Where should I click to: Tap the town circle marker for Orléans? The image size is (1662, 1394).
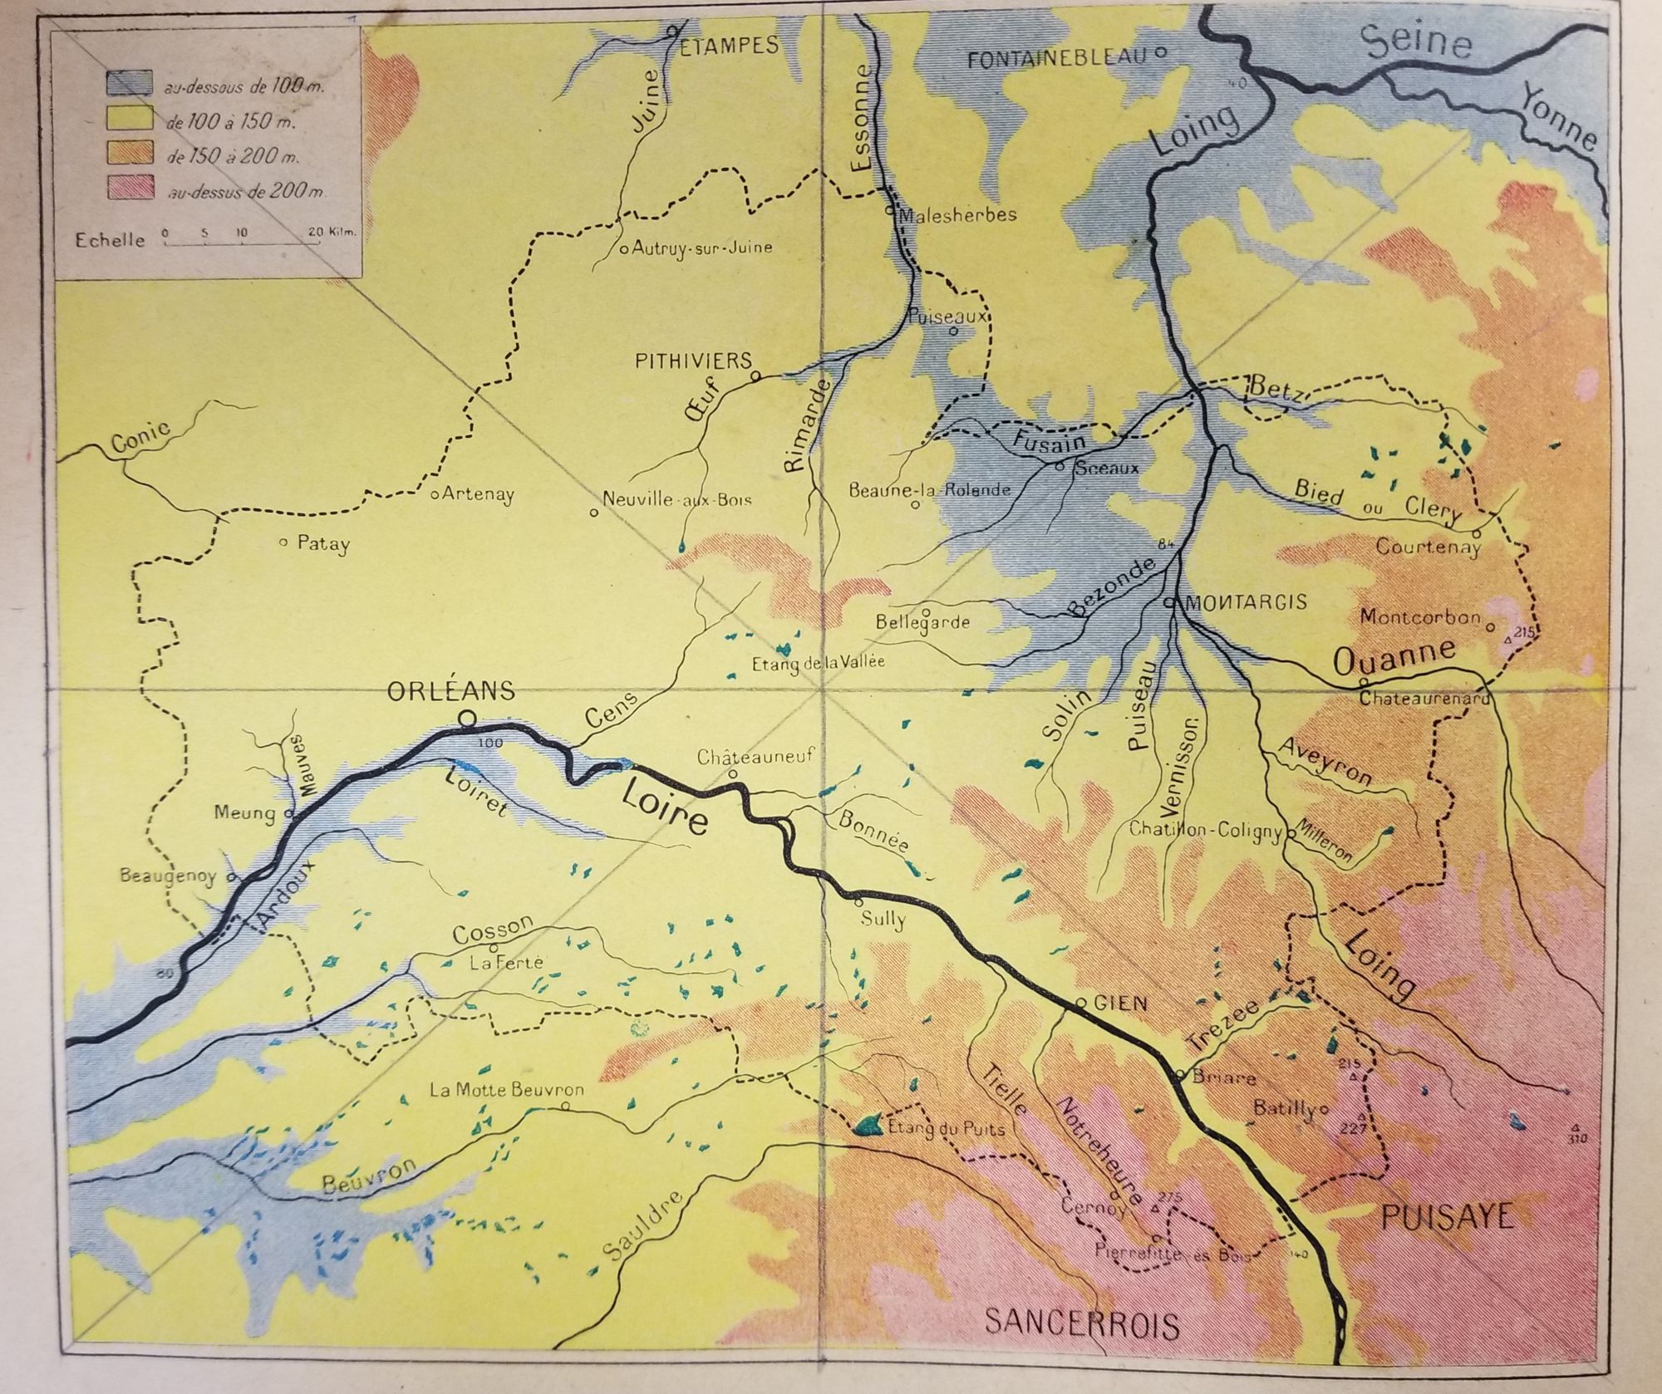467,718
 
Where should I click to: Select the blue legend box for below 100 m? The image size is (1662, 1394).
128,83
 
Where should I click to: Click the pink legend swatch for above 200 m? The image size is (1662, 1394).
128,190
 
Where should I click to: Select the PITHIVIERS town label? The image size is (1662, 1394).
693,361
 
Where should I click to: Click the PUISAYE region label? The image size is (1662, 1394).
1446,1217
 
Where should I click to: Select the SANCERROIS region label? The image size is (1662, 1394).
1081,1324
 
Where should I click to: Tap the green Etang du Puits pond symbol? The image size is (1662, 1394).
868,1125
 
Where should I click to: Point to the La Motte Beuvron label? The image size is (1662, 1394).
507,1090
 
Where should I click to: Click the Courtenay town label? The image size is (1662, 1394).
1428,547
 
